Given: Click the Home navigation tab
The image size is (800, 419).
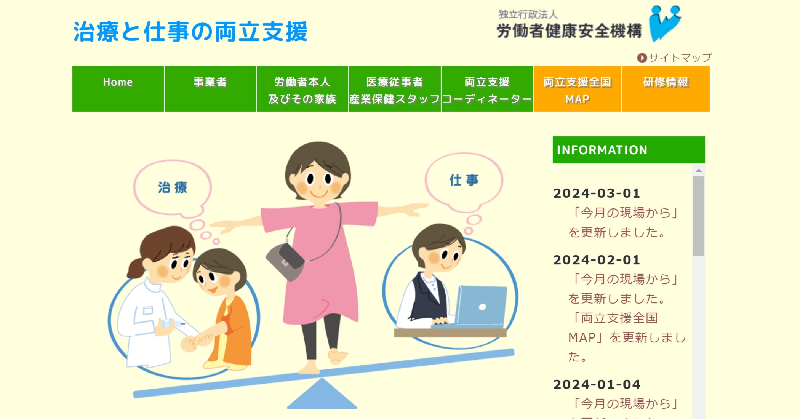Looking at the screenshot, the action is [118, 89].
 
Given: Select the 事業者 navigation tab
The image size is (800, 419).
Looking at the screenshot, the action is [210, 89].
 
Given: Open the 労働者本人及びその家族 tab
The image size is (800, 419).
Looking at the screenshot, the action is [302, 89].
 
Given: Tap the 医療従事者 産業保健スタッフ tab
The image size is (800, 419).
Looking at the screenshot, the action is [395, 89].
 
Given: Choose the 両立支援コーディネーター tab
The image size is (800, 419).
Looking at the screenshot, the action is [487, 89].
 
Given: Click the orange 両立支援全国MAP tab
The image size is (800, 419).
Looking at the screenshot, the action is [578, 89].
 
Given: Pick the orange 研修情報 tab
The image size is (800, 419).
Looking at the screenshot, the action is [666, 89].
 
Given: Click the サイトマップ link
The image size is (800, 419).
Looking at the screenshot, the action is [674, 58].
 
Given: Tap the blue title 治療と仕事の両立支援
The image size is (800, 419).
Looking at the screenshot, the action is [190, 31].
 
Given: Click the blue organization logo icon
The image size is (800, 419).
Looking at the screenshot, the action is [665, 23].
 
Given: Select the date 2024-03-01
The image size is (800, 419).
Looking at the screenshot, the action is [597, 193].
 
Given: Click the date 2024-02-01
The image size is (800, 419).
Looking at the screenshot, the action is [597, 260].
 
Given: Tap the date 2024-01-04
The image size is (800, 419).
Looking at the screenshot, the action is [597, 384].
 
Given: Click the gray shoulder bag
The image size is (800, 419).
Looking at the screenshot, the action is [285, 262].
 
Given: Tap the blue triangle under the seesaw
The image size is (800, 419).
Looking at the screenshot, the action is [322, 394].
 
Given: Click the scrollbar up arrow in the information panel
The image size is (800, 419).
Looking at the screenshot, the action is [699, 170].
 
